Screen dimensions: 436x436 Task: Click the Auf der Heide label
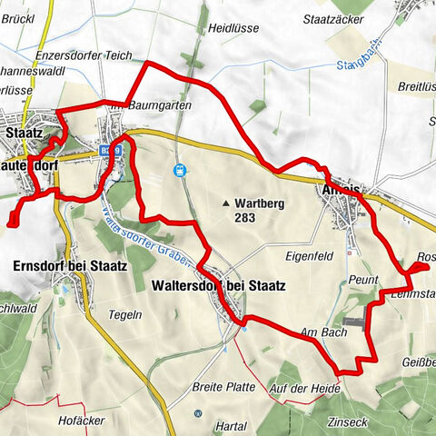[305, 389]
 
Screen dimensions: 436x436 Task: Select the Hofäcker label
[96, 420]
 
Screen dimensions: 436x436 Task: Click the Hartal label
[233, 425]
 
